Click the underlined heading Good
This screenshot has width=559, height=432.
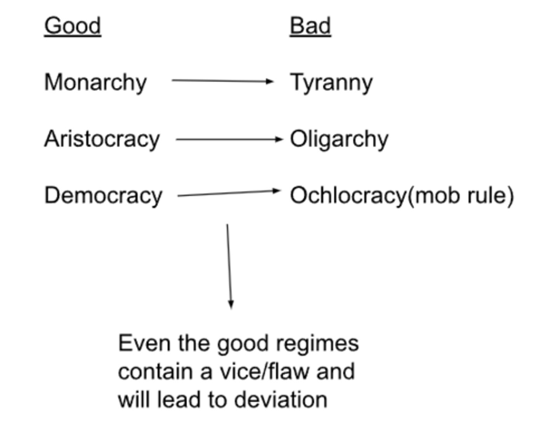pyautogui.click(x=73, y=26)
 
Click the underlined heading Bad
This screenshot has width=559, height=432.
pyautogui.click(x=310, y=26)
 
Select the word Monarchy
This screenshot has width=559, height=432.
pyautogui.click(x=95, y=83)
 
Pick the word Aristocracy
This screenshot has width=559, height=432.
pyautogui.click(x=102, y=139)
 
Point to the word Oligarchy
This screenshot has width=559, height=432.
pyautogui.click(x=339, y=140)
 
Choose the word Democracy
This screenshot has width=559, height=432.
pyautogui.click(x=103, y=196)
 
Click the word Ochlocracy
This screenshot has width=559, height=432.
pyautogui.click(x=348, y=195)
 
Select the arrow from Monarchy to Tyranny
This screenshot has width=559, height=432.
pyautogui.click(x=222, y=81)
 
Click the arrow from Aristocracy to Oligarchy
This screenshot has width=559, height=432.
pyautogui.click(x=229, y=139)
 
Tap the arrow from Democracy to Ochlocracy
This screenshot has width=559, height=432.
pyautogui.click(x=229, y=193)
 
